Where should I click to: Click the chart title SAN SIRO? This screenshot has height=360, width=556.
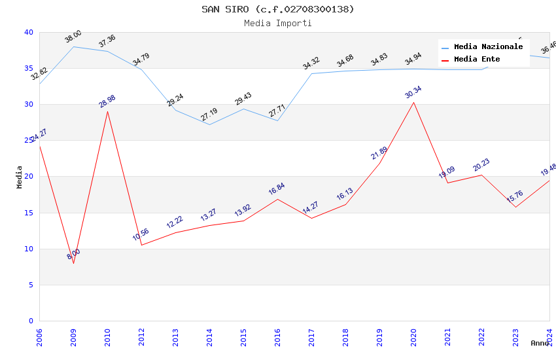278,9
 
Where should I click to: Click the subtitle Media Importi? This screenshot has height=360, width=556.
278,23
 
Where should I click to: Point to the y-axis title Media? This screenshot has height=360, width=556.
20,177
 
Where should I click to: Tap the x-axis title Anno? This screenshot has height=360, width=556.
540,343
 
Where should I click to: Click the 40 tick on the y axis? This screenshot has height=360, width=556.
29,32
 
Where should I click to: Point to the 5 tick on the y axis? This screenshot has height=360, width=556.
31,285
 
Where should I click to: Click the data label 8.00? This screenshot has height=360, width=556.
73,254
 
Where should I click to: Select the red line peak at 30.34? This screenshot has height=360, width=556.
413,102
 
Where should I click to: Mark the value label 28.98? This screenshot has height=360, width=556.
107,101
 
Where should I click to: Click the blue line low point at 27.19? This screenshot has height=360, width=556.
209,124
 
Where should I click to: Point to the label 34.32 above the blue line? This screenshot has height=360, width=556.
311,63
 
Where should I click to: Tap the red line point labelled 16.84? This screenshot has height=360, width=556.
277,199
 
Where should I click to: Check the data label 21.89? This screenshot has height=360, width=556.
379,153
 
